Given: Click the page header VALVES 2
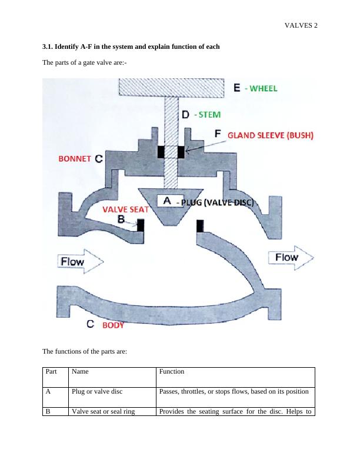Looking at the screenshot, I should (x=301, y=25).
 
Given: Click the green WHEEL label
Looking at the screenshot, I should (x=261, y=88).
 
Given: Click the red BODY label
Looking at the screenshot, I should (x=114, y=324).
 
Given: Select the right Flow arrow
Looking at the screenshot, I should (x=289, y=258).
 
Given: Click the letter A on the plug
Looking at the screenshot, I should (x=167, y=201).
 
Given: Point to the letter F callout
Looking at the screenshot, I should (x=218, y=134).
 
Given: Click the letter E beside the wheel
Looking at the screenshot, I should (x=237, y=88).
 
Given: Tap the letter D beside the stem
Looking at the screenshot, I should (x=185, y=115).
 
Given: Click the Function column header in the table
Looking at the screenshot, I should (x=172, y=372).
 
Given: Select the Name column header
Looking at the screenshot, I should (x=81, y=372).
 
